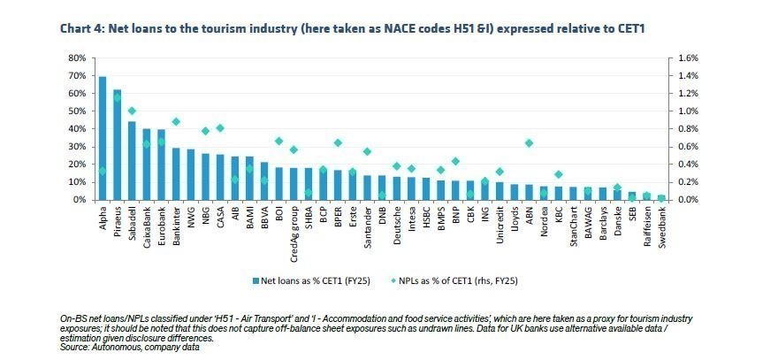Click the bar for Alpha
click(x=103, y=138)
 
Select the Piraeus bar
click(x=117, y=145)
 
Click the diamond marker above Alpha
click(x=103, y=171)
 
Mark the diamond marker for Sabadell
click(x=132, y=111)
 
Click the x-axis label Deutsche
click(x=397, y=226)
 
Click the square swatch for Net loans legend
click(x=254, y=281)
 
